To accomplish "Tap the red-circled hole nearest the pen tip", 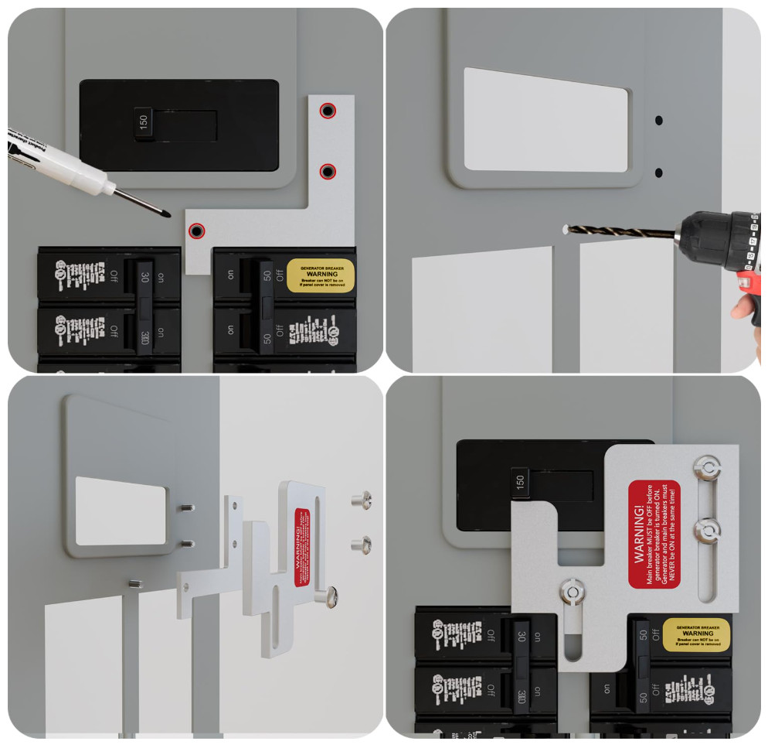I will tap(197, 231).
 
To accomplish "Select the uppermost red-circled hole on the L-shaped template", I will tap(328, 111).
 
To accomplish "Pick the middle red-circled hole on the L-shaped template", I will tap(328, 171).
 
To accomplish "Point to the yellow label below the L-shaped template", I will tap(321, 275).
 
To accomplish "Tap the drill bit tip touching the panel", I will tap(567, 228).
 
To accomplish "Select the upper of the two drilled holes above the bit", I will tap(659, 121).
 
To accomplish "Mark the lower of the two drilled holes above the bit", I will tap(659, 172).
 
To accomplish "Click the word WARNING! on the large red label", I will tap(639, 535).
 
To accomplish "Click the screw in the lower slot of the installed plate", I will tap(572, 592).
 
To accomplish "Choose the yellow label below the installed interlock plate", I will tap(698, 634).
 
